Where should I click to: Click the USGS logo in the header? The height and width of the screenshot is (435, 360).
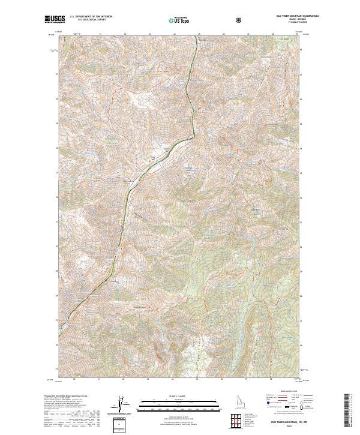click(55, 20)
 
